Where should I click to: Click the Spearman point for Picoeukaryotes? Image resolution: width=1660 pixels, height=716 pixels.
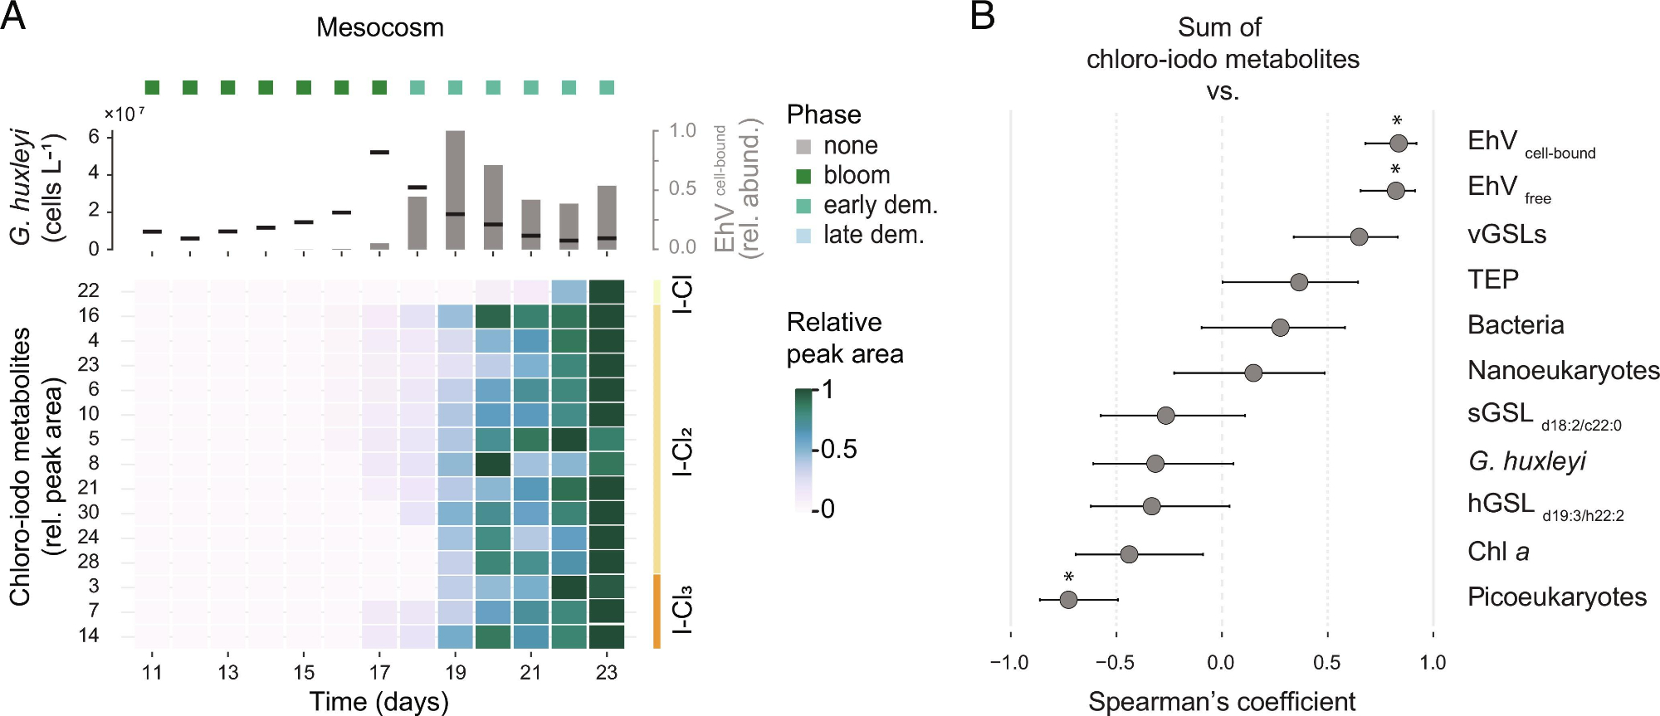[x=1068, y=599]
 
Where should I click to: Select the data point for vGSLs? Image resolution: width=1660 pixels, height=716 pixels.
[x=1359, y=237]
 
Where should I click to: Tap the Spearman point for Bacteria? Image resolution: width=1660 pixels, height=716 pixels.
[x=1281, y=328]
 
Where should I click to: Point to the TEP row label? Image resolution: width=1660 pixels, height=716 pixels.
[x=1493, y=280]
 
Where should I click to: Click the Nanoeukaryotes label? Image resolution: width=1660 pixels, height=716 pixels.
[x=1563, y=370]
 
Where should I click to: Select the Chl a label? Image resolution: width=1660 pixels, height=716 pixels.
[x=1498, y=552]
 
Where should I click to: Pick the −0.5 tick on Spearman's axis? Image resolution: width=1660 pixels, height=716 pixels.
[x=1114, y=663]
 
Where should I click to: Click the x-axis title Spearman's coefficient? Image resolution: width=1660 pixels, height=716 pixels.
[x=1222, y=702]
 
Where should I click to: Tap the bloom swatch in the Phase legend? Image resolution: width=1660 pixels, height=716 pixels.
[x=803, y=176]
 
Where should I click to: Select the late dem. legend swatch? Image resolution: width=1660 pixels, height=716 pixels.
[x=803, y=236]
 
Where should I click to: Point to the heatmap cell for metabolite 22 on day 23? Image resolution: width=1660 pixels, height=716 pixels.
[x=606, y=291]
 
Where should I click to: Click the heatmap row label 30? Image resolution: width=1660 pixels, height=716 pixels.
[x=88, y=513]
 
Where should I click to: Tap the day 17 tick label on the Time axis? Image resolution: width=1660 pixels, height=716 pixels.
[x=379, y=672]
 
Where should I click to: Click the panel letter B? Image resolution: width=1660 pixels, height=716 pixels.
[x=982, y=16]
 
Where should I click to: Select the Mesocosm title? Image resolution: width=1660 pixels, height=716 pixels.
[x=380, y=27]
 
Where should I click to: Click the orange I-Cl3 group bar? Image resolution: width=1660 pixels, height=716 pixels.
[x=657, y=611]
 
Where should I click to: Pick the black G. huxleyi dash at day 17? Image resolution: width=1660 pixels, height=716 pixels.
[x=379, y=153]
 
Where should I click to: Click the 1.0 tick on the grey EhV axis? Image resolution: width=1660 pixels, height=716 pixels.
[x=682, y=130]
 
